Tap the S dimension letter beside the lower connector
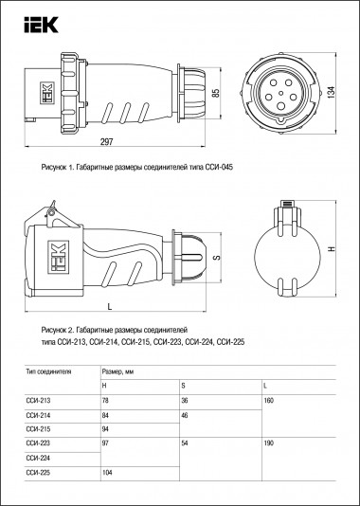(216, 258)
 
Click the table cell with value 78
(107, 401)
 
